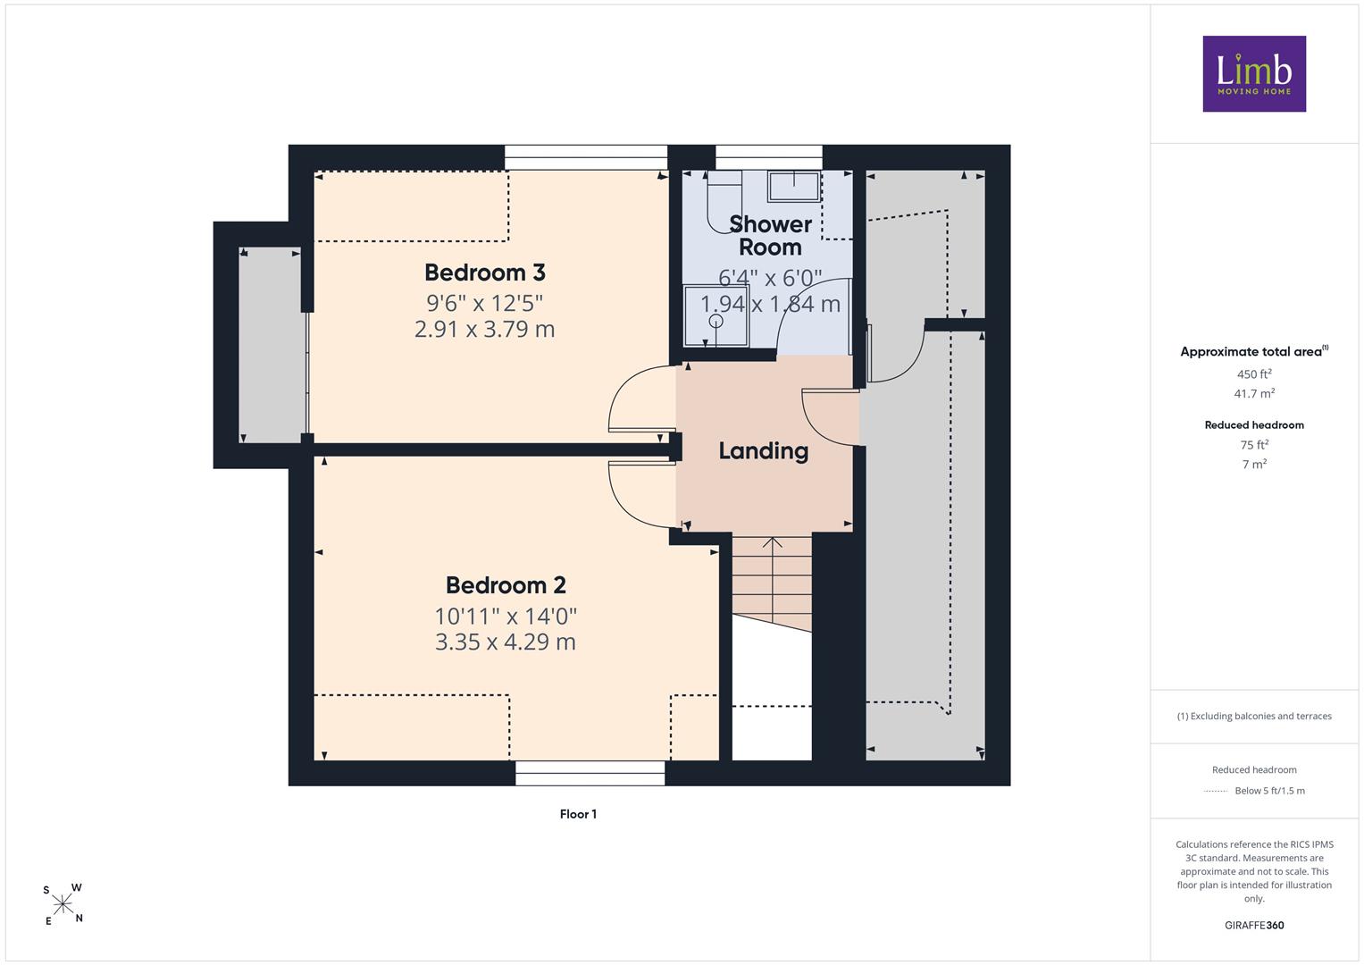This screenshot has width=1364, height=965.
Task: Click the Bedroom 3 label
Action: coord(485,273)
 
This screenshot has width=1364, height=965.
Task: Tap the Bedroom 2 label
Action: coord(506,585)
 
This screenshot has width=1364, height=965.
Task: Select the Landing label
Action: coord(764,451)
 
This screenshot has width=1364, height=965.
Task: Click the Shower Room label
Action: coord(770,236)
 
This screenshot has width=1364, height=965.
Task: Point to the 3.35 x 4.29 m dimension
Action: coord(506,642)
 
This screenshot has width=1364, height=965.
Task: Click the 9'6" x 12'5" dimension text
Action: coord(485,303)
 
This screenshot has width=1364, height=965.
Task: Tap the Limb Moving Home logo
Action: coord(1254,73)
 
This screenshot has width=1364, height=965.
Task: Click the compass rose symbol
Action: coord(63,904)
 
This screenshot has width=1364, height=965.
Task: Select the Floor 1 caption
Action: coord(579,814)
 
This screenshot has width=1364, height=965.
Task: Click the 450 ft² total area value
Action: coord(1254,374)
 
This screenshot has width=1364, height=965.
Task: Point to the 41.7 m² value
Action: coord(1254,393)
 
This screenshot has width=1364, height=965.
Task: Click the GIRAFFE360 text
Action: coord(1254,925)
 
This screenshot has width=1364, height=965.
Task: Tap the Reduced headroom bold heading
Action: coord(1254,425)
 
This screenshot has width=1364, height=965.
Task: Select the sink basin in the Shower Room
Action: coord(794,186)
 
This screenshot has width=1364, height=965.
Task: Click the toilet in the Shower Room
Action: coord(724,201)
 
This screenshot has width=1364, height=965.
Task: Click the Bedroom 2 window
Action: coord(590,773)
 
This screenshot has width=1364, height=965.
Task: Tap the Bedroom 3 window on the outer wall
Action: coord(586,157)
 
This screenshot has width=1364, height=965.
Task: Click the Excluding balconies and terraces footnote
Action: coord(1254,716)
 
